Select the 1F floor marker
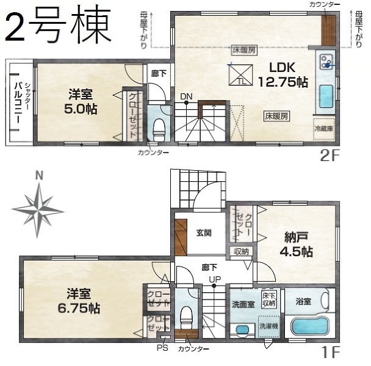pyautogui.click(x=330, y=353)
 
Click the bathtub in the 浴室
pyautogui.click(x=309, y=325)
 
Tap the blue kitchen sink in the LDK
pyautogui.click(x=326, y=96)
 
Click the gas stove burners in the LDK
pyautogui.click(x=325, y=61)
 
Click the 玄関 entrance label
pyautogui.click(x=203, y=232)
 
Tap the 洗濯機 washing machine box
pyautogui.click(x=268, y=326)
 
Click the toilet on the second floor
pyautogui.click(x=159, y=128)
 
